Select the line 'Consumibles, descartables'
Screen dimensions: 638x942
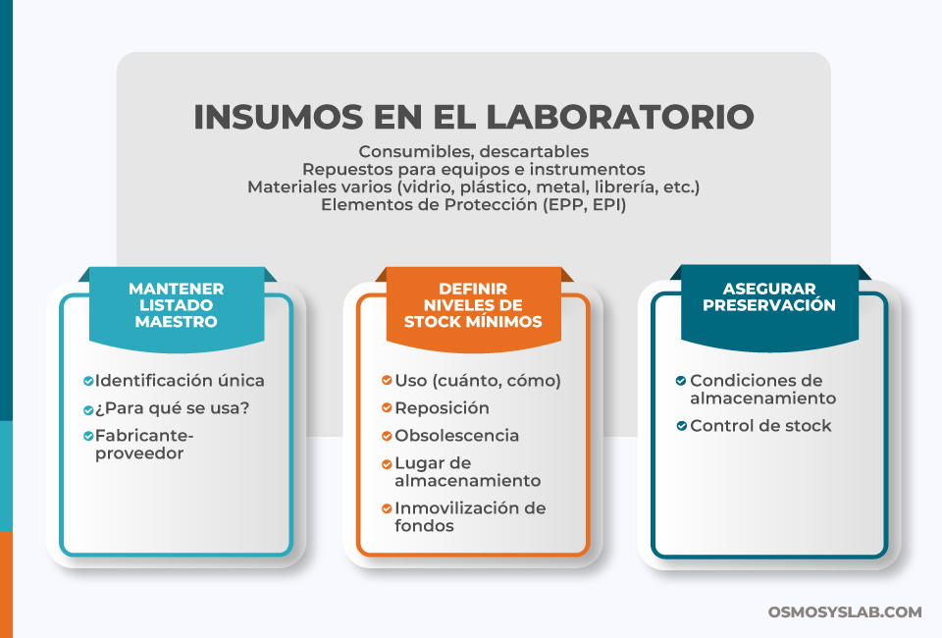pyautogui.click(x=474, y=151)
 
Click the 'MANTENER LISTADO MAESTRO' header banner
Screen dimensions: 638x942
pyautogui.click(x=177, y=304)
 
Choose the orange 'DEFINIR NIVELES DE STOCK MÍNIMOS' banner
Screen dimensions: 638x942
pyautogui.click(x=473, y=304)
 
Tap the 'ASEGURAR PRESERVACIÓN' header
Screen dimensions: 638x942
pyautogui.click(x=769, y=296)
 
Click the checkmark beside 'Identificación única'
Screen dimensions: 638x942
pyautogui.click(x=88, y=381)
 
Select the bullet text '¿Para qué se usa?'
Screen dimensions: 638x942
pyautogui.click(x=172, y=407)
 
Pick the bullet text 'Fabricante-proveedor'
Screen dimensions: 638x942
pyautogui.click(x=145, y=444)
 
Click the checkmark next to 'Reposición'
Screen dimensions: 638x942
pyautogui.click(x=387, y=408)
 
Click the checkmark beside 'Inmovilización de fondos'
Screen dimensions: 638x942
pyautogui.click(x=387, y=508)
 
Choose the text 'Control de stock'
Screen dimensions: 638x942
pyautogui.click(x=760, y=426)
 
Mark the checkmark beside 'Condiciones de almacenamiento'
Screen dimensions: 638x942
pyautogui.click(x=681, y=381)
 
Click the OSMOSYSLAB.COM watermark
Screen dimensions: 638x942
pyautogui.click(x=845, y=611)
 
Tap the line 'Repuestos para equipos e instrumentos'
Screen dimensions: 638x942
pyautogui.click(x=474, y=169)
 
